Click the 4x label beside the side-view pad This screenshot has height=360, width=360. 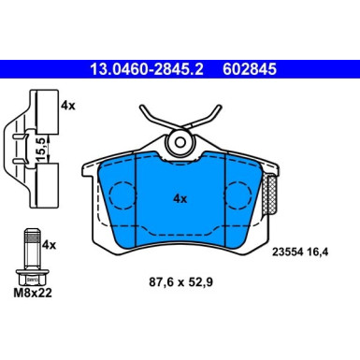tap(66, 106)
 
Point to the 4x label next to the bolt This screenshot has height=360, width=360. tap(50, 244)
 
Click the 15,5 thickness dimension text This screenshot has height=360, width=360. tap(40, 149)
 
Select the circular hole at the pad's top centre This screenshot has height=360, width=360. tap(180, 141)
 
